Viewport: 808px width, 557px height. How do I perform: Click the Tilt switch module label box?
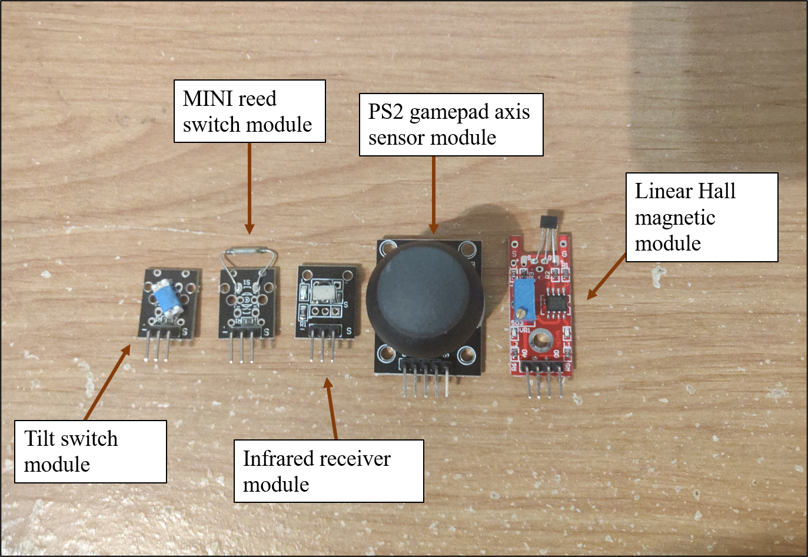[x=91, y=451]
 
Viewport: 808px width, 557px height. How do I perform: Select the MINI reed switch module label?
[x=250, y=111]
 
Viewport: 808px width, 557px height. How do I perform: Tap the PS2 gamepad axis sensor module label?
[x=451, y=124]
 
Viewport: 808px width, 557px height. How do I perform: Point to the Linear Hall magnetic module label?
[x=701, y=217]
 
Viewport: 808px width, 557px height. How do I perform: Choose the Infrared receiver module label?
[x=328, y=471]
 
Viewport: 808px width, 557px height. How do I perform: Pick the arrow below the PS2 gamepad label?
[x=434, y=194]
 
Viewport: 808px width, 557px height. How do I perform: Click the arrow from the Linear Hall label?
[x=606, y=276]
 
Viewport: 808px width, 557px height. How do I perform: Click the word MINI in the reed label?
[x=204, y=98]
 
